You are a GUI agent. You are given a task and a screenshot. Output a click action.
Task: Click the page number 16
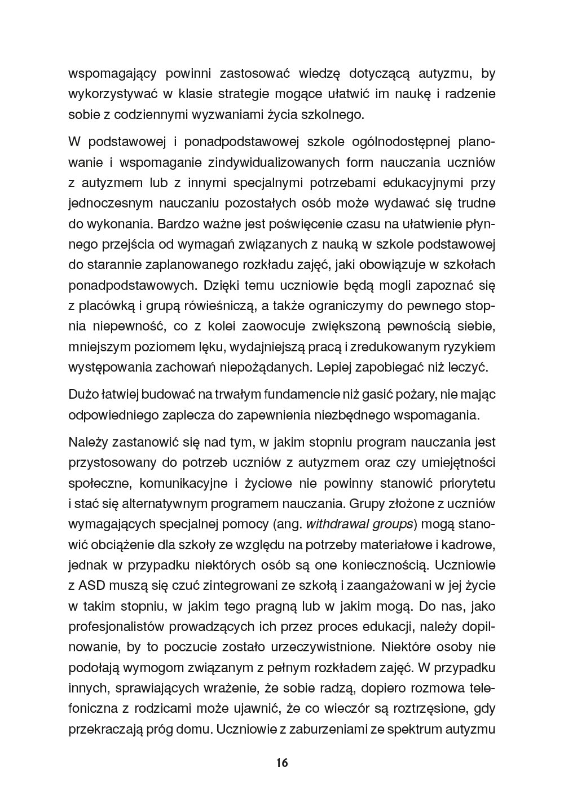[x=282, y=763]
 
